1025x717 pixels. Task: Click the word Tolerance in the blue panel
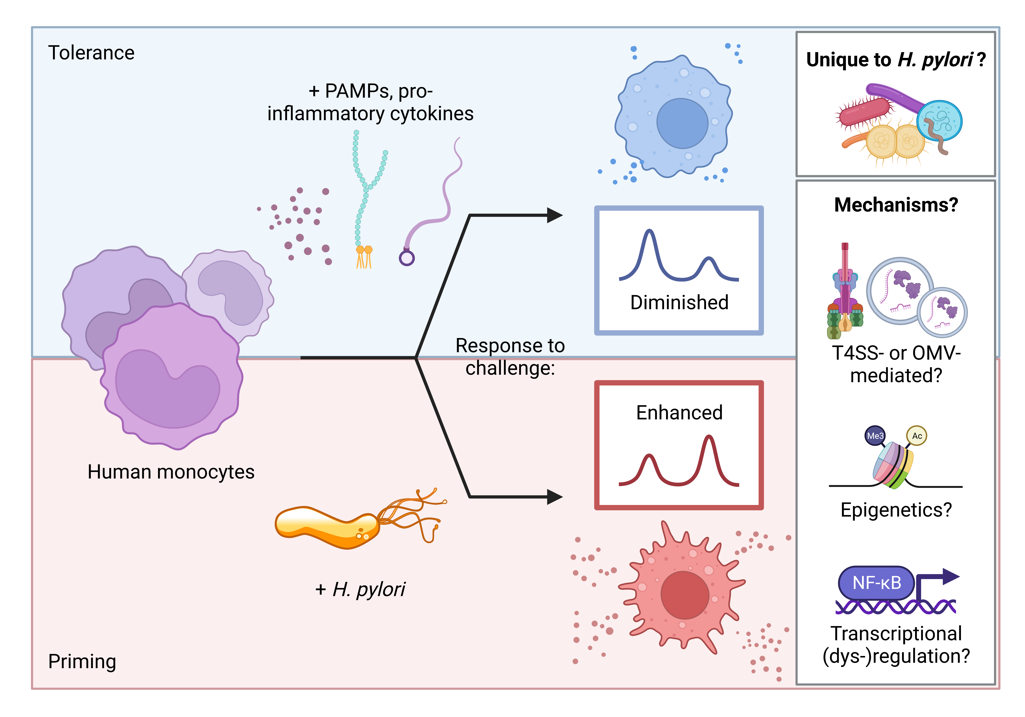pyautogui.click(x=91, y=53)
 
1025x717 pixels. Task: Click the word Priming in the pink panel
pyautogui.click(x=82, y=661)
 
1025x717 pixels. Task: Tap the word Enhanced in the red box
pyautogui.click(x=679, y=412)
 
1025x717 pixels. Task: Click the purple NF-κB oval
pyautogui.click(x=876, y=583)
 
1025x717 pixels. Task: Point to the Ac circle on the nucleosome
pyautogui.click(x=917, y=436)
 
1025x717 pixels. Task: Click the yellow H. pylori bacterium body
pyautogui.click(x=326, y=526)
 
